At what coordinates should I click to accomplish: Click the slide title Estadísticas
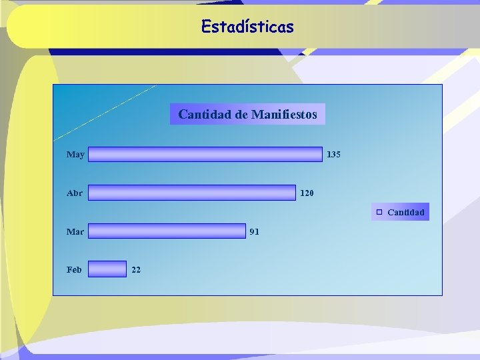click(x=247, y=27)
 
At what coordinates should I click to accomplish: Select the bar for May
click(x=205, y=155)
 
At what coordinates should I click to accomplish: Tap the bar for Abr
click(x=192, y=193)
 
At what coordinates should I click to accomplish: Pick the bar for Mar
click(x=167, y=231)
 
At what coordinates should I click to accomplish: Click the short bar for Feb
click(x=107, y=269)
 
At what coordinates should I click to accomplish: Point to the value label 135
click(x=333, y=155)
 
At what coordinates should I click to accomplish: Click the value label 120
click(x=307, y=193)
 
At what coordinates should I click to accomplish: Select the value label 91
click(x=254, y=232)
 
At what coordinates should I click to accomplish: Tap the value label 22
click(x=136, y=270)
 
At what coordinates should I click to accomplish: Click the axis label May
click(x=75, y=155)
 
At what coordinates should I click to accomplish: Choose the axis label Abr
click(x=75, y=193)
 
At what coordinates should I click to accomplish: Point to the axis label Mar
click(x=75, y=232)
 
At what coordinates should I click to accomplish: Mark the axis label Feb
click(x=74, y=270)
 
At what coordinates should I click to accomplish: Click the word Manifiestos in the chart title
click(x=284, y=115)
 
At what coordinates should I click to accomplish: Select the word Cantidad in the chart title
click(x=204, y=115)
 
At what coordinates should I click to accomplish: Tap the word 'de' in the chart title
click(x=241, y=115)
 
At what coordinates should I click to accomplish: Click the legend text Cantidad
click(x=405, y=213)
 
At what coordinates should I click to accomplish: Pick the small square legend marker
click(x=378, y=212)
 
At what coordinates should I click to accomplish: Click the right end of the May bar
click(x=320, y=155)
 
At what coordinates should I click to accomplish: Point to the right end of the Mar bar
click(x=244, y=231)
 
